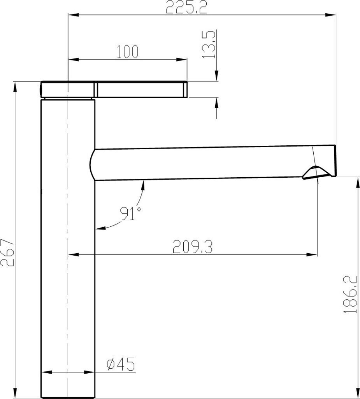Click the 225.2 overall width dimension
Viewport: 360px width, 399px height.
click(x=186, y=7)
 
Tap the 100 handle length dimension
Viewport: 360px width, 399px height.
click(x=128, y=52)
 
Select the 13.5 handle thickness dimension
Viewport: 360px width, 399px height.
click(x=209, y=44)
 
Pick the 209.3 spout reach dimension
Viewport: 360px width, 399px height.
click(x=193, y=247)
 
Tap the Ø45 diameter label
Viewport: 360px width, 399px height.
click(x=121, y=364)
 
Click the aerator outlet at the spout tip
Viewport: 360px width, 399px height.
click(x=317, y=173)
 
